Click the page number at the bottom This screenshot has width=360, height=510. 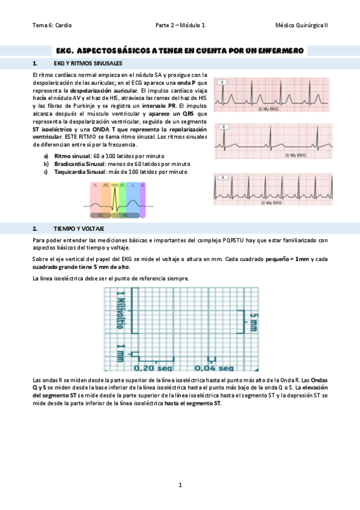click(180, 485)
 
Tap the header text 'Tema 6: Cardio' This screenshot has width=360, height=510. click(52, 25)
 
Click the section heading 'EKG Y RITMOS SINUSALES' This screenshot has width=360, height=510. click(88, 63)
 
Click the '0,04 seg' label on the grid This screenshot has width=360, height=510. click(218, 367)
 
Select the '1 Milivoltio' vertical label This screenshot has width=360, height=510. click(120, 310)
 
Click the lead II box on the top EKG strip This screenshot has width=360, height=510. click(223, 81)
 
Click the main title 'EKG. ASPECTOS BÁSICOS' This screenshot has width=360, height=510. click(179, 51)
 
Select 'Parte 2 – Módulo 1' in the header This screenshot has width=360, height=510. click(180, 25)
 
